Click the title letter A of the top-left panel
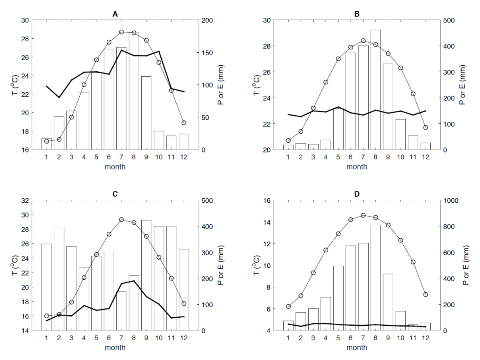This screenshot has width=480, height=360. click(115, 14)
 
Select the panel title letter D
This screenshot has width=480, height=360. click(357, 194)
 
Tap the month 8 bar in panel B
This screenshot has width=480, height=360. click(375, 90)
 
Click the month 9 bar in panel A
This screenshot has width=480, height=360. click(146, 113)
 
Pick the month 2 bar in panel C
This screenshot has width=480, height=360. click(59, 279)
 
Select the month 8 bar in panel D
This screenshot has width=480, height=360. click(375, 278)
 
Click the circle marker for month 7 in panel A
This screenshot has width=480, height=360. click(122, 32)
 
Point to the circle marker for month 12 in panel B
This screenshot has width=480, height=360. click(425, 128)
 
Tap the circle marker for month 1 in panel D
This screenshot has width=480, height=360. click(288, 306)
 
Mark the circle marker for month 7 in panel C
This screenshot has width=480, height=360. click(122, 220)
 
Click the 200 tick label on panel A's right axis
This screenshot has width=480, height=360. click(207, 20)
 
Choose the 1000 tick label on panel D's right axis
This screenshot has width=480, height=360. click(451, 201)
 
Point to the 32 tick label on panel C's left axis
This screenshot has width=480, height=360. click(25, 201)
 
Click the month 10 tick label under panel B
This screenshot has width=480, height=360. click(400, 157)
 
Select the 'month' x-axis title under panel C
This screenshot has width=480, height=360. click(115, 347)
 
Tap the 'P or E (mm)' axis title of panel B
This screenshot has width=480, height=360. click(462, 85)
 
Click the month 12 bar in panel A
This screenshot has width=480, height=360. click(184, 142)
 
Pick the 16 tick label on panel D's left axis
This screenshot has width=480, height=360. click(267, 201)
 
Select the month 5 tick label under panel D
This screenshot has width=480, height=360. click(338, 338)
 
